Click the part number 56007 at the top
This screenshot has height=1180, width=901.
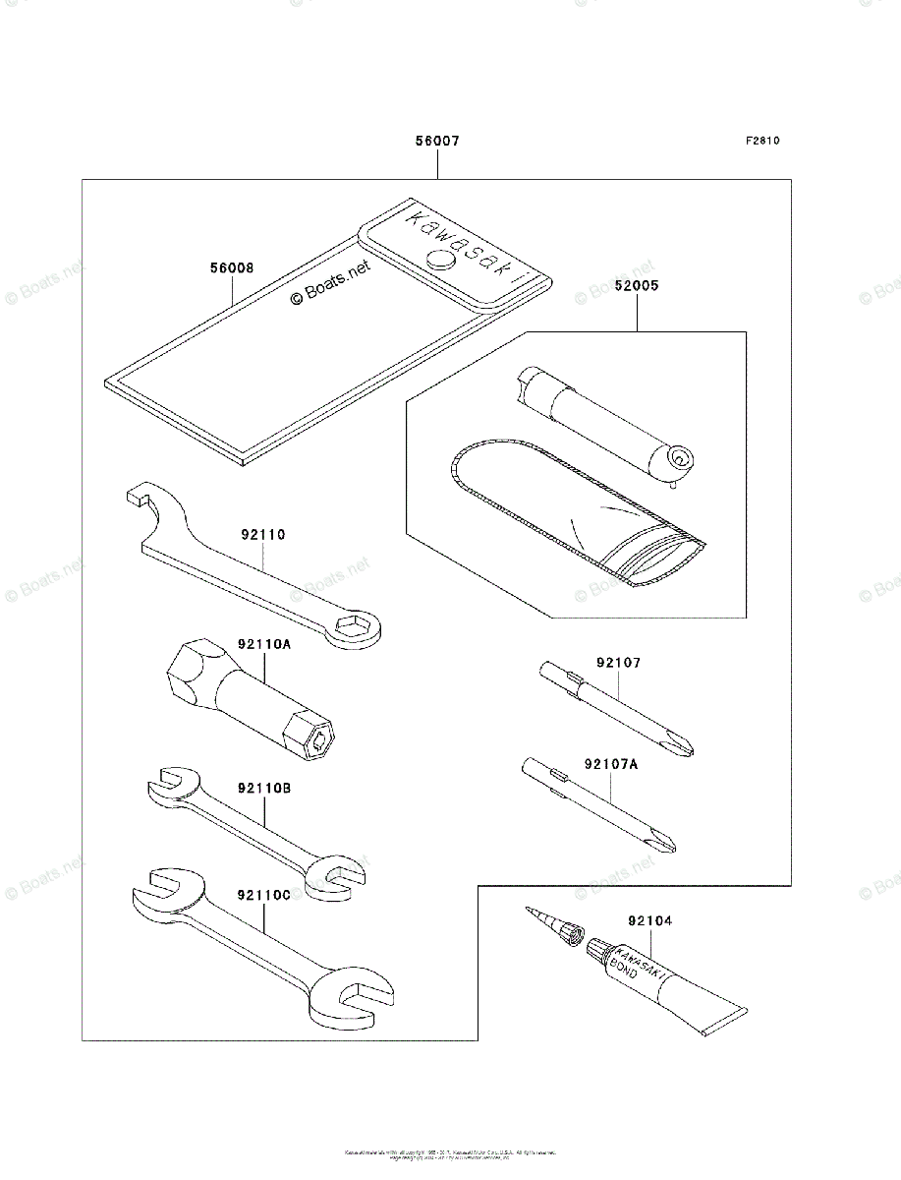pyautogui.click(x=436, y=142)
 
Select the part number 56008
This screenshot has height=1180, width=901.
pyautogui.click(x=231, y=266)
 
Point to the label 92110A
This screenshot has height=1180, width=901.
pyautogui.click(x=263, y=645)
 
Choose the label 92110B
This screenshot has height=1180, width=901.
pyautogui.click(x=263, y=789)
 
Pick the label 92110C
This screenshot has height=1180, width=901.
pyautogui.click(x=263, y=895)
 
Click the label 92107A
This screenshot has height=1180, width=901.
pyautogui.click(x=611, y=763)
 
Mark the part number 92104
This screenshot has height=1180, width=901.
pyautogui.click(x=648, y=921)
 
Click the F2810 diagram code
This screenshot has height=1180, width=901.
pyautogui.click(x=761, y=141)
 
